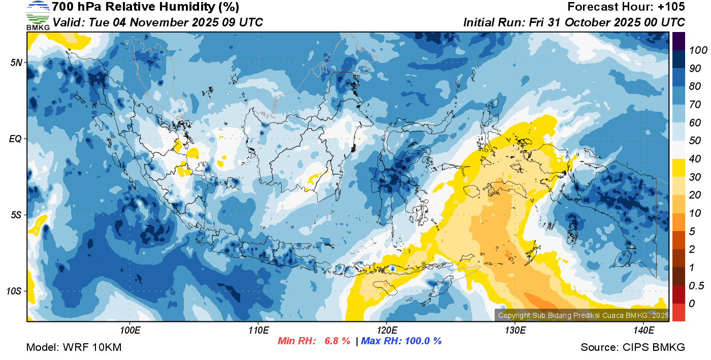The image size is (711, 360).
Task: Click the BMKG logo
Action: pos(38,16)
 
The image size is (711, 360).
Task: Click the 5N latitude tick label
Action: pos(17,62)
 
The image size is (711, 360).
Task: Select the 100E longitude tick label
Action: pos(130,331)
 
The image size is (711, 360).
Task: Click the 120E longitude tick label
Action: pos(386,331)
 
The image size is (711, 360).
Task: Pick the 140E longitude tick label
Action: pos(643,331)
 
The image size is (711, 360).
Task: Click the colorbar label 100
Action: pos(694,50)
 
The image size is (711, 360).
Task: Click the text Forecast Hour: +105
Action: pos(626,7)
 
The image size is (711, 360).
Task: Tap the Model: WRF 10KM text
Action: pos(73,347)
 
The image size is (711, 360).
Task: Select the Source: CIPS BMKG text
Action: pos(633,347)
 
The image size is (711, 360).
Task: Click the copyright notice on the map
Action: pos(583,315)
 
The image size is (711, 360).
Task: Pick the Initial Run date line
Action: pos(574,22)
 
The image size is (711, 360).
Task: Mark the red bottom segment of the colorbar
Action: pos(678,312)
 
